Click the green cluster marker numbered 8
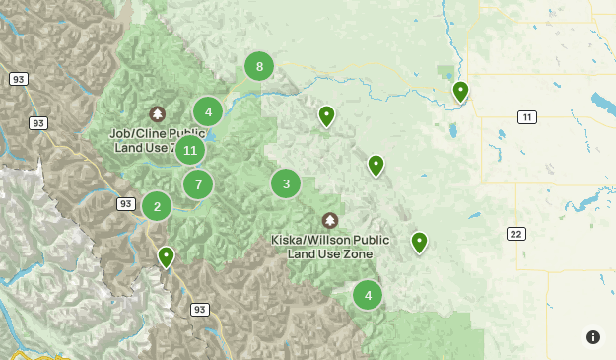coord(259,67)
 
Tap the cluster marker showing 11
coord(190,151)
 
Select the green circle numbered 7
coord(198,184)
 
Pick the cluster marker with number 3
coord(286,183)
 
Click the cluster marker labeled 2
coord(157,206)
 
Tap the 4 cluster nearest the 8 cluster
coord(208,111)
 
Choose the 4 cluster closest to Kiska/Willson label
coord(368,294)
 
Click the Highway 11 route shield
coord(527,117)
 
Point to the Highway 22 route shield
coord(516,234)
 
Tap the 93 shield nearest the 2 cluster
coord(125,203)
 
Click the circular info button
coord(592,337)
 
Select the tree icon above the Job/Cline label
coord(157,114)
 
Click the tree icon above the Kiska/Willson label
coord(330,220)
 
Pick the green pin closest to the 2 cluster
coord(167,256)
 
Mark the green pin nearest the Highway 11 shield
coord(460,92)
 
